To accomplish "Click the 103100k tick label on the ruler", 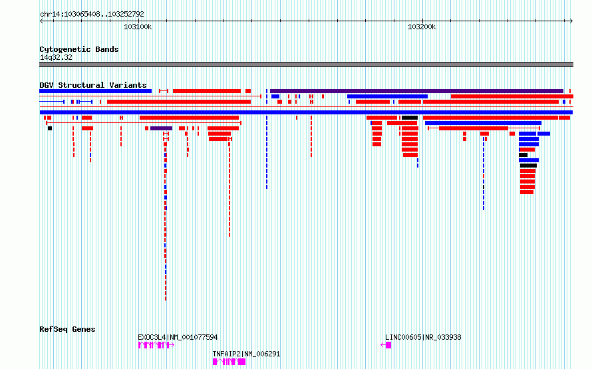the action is click(138, 27).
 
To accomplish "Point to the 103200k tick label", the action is click(422, 27).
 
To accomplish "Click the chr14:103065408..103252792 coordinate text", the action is click(92, 15).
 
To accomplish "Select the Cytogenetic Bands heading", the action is click(79, 49).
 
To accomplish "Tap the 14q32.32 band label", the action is click(56, 57).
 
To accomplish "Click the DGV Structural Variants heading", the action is click(93, 85).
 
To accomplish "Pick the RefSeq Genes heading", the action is click(67, 329).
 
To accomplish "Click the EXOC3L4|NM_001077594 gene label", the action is click(178, 337).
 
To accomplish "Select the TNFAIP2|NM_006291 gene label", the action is click(246, 354).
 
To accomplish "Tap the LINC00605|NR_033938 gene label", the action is click(423, 337).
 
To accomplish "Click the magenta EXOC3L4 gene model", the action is click(156, 345).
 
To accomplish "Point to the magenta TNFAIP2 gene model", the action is click(229, 362).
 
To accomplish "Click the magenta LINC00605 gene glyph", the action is click(386, 345).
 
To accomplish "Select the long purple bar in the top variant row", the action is click(417, 91).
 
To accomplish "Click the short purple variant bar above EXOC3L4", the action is click(161, 128).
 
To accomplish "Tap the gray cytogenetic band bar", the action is click(306, 64).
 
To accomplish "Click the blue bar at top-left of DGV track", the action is click(96, 91).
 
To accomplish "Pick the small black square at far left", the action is click(50, 128).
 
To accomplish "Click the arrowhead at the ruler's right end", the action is click(571, 21).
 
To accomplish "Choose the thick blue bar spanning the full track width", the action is click(306, 112).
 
